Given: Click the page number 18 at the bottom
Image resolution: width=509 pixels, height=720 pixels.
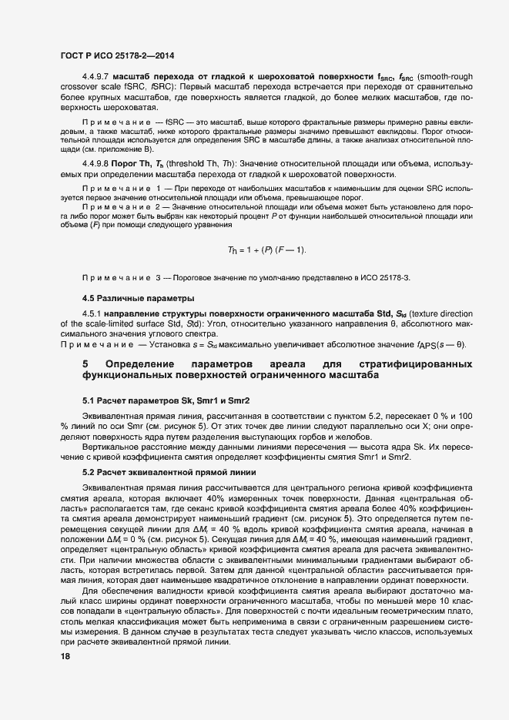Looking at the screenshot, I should click(65, 657).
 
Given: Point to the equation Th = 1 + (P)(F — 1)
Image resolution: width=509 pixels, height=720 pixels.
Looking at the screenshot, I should click(267, 251).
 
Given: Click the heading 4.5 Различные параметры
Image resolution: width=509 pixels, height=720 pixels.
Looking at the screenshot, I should click(127, 298).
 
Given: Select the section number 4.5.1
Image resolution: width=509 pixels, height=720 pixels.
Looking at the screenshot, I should click(93, 316).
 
